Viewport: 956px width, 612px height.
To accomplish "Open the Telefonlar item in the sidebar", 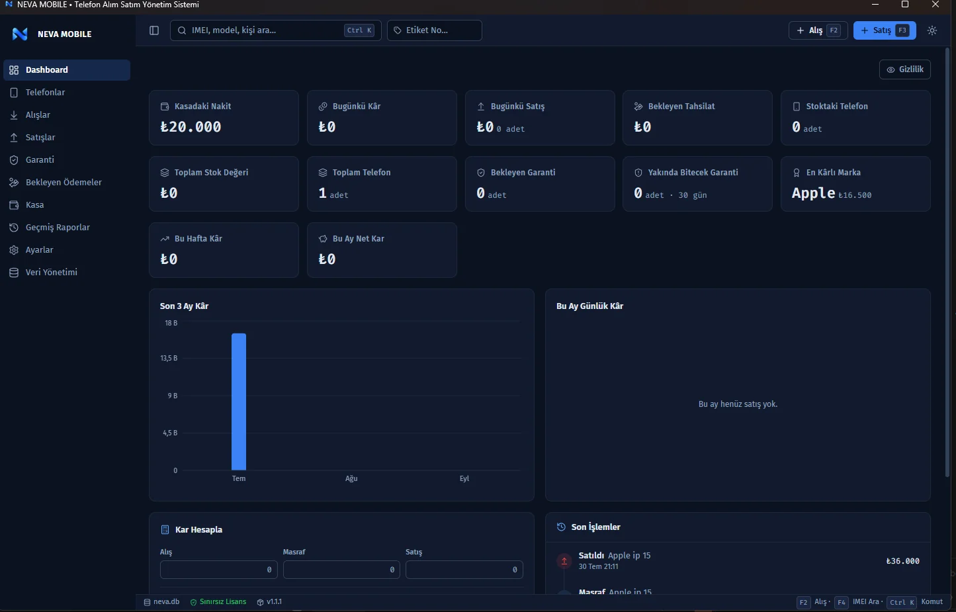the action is coord(45,92).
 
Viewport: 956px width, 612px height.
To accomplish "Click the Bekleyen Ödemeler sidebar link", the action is coord(63,182).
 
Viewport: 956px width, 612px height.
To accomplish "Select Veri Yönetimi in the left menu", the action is coord(51,273).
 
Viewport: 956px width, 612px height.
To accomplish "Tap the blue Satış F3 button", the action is coord(885,30).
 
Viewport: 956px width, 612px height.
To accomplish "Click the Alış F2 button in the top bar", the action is coord(818,30).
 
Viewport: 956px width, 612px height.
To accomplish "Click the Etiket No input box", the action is coord(435,30).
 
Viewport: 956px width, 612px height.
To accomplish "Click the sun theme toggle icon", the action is coord(932,30).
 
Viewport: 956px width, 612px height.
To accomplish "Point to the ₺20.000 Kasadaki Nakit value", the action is coord(191,127).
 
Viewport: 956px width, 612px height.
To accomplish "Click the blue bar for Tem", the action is coord(239,402).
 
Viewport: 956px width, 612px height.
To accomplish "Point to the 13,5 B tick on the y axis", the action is coord(169,358).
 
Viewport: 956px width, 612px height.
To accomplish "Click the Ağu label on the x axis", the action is coord(351,478).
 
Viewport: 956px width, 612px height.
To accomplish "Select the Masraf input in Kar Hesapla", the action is coord(341,570).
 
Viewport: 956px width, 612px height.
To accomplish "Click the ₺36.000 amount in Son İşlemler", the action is coord(902,561).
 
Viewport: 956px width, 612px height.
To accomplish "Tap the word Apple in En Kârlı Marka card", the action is coord(814,193).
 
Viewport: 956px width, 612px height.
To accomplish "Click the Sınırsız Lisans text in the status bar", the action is coord(223,602).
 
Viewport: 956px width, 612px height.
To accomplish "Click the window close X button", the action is coord(935,5).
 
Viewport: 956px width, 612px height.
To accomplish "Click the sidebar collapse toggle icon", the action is coord(154,30).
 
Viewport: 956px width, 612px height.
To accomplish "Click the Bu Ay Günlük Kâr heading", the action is coord(589,306).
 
